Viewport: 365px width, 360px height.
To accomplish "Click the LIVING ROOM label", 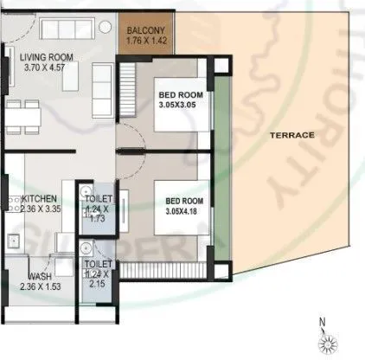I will pos(47,59).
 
